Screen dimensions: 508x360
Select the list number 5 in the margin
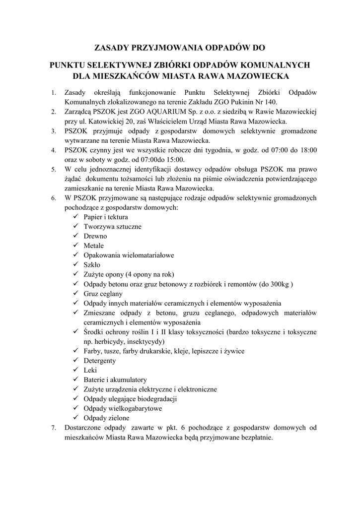[x=54, y=169]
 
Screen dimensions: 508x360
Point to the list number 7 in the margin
[x=54, y=427]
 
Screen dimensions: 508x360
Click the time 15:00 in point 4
[x=174, y=160]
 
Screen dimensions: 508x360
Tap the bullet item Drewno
[x=95, y=236]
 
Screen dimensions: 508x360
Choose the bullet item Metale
[x=94, y=246]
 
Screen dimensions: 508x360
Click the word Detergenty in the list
[x=99, y=361]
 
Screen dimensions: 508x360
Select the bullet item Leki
[x=90, y=370]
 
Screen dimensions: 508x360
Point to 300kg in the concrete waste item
[x=281, y=284]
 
